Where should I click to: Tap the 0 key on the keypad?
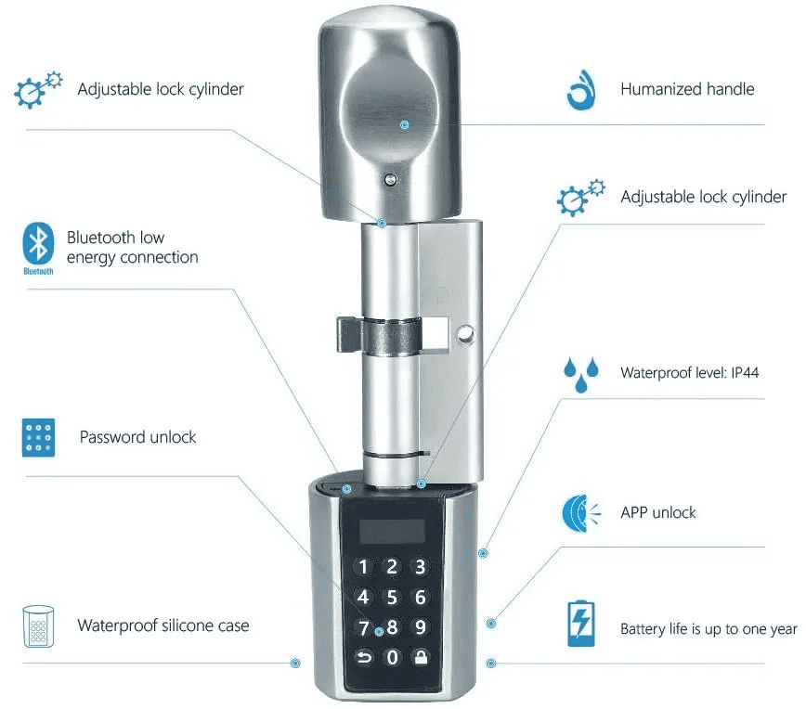pos(392,657)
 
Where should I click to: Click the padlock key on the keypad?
pos(421,657)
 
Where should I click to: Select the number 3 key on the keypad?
pos(421,567)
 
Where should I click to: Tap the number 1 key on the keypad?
pos(363,567)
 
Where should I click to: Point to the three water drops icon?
pos(581,375)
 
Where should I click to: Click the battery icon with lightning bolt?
pos(581,624)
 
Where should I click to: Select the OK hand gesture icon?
pos(581,90)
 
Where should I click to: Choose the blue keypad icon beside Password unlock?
pos(39,438)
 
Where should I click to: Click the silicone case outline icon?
pos(39,626)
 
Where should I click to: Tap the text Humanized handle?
pos(687,89)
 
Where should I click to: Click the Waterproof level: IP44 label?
pos(689,372)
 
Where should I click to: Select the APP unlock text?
pos(658,513)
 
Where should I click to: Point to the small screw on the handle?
pos(391,179)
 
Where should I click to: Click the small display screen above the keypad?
pos(393,531)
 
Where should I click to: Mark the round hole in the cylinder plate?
pos(465,335)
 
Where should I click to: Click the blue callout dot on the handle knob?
pos(405,124)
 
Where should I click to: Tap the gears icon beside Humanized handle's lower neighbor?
pos(581,198)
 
